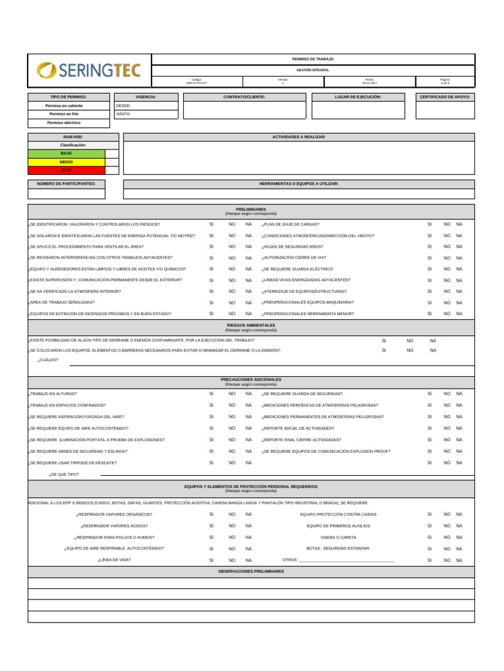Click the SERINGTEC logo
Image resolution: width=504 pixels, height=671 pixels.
click(89, 70)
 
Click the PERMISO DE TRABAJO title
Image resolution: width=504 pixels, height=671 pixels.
click(312, 59)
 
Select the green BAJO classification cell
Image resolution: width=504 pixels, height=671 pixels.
click(66, 153)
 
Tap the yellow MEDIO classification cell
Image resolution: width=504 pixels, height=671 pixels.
click(66, 161)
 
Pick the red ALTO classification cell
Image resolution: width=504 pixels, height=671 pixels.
click(66, 170)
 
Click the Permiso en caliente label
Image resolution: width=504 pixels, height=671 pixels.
click(64, 105)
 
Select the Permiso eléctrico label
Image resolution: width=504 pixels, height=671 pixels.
click(64, 123)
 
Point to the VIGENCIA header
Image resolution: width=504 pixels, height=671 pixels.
click(145, 96)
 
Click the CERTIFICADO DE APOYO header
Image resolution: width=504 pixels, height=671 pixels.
click(445, 96)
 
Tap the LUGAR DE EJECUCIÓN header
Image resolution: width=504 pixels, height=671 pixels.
click(358, 96)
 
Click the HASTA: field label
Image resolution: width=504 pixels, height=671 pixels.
click(123, 113)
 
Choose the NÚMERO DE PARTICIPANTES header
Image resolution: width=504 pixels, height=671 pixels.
click(66, 184)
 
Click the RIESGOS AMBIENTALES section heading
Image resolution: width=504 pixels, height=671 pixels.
click(251, 325)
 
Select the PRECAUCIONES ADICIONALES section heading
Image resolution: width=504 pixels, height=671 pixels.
click(251, 379)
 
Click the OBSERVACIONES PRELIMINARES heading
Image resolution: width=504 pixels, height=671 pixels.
click(251, 571)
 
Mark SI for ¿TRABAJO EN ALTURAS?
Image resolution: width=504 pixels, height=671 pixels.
click(211, 394)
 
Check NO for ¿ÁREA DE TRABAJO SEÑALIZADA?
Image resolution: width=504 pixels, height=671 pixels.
click(232, 303)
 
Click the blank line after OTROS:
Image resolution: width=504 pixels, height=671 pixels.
click(346, 560)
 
